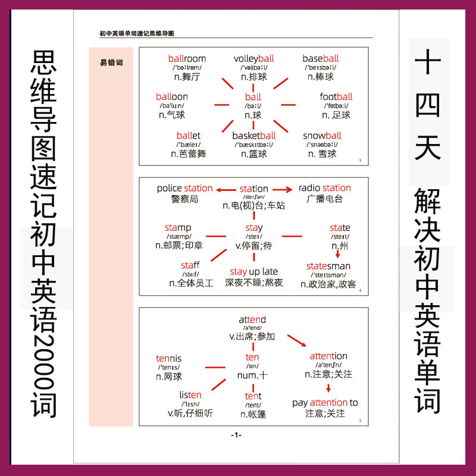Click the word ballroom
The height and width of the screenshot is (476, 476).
[187, 58]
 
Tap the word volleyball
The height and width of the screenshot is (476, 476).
[253, 58]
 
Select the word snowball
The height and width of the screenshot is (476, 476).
[322, 136]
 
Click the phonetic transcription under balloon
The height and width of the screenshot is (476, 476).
[172, 105]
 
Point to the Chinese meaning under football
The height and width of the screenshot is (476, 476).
[336, 115]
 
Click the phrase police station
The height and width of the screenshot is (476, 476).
[184, 188]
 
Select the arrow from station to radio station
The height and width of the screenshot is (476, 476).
[281, 189]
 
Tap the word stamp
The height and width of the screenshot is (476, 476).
[178, 228]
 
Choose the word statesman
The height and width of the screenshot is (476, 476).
[328, 266]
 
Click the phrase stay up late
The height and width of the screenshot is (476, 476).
[253, 272]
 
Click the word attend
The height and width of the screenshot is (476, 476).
[252, 320]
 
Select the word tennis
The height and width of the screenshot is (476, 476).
[168, 358]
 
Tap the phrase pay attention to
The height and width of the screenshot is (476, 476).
[325, 403]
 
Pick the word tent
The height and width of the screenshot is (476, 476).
[253, 396]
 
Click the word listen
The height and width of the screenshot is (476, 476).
[190, 395]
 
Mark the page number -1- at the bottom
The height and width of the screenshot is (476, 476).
[236, 435]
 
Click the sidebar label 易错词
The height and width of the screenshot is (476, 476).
[111, 62]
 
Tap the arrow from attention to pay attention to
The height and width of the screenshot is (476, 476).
[328, 388]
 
